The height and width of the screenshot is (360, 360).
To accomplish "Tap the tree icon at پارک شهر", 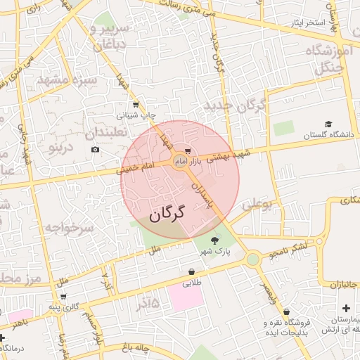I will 224,240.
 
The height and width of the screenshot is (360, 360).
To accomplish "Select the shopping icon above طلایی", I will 192,272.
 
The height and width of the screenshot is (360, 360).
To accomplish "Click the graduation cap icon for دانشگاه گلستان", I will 328,124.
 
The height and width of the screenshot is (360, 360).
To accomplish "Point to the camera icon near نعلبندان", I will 95,149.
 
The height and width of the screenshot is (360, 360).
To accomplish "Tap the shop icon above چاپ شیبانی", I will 135,103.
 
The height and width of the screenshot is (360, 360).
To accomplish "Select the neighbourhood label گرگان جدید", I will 235,105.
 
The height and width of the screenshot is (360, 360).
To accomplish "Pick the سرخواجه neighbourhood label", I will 70,228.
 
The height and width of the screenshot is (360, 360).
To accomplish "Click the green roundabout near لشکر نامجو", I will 252,259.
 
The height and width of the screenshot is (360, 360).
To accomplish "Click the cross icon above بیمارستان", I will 345,309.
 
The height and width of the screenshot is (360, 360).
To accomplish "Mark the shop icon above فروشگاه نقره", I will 286,312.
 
